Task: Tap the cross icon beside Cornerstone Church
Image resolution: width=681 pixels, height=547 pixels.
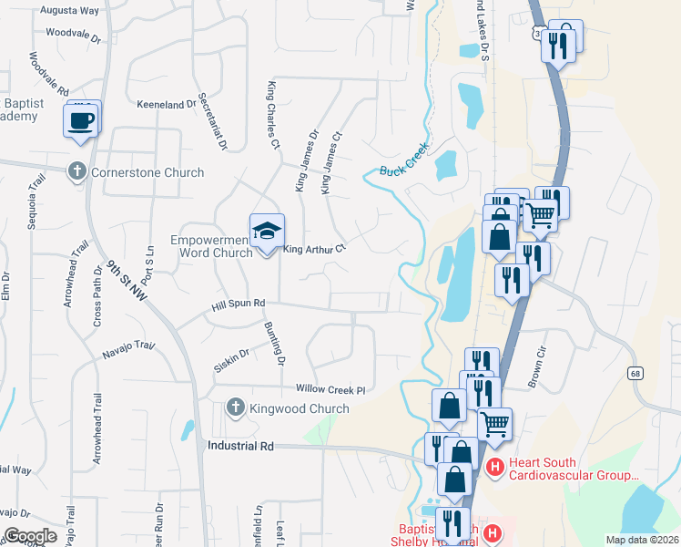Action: pyautogui.click(x=76, y=170)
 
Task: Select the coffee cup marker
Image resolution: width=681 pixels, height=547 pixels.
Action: pyautogui.click(x=80, y=120)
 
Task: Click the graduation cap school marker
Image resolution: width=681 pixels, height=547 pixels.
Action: pyautogui.click(x=267, y=232)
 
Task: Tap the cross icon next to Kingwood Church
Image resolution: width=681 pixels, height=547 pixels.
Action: pyautogui.click(x=235, y=408)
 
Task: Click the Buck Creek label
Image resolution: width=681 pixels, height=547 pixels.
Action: pyautogui.click(x=403, y=163)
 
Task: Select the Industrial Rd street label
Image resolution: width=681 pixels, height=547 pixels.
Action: pyautogui.click(x=240, y=446)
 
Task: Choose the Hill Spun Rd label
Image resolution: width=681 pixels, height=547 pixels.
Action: pyautogui.click(x=238, y=303)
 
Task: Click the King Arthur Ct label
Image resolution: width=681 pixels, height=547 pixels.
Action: pyautogui.click(x=315, y=248)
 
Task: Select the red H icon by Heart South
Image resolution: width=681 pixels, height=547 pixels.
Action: pyautogui.click(x=495, y=469)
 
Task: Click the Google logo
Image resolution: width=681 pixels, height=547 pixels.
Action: pyautogui.click(x=30, y=536)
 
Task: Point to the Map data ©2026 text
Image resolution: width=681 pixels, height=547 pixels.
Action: pyautogui.click(x=641, y=540)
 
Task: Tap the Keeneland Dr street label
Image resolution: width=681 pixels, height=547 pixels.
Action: pyautogui.click(x=167, y=104)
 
